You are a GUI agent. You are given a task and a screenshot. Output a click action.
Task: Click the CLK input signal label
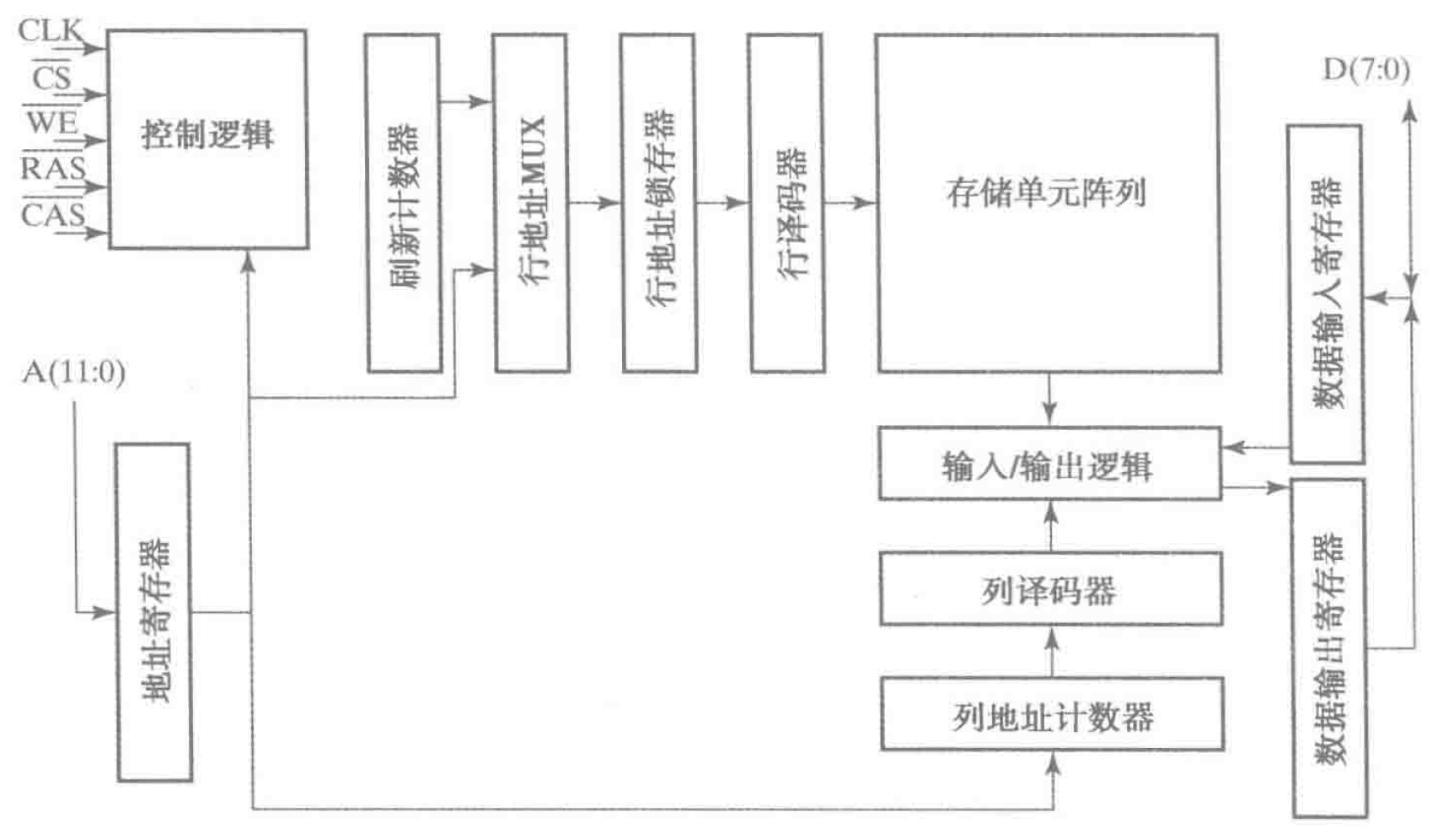(50, 31)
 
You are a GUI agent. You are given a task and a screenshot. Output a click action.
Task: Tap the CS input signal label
(51, 78)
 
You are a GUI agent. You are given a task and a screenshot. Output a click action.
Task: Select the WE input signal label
(51, 123)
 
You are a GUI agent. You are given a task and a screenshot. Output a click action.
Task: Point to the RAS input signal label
(53, 169)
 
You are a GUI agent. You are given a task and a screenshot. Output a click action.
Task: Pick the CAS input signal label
(53, 215)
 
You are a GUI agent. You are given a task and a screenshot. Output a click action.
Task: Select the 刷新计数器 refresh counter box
(403, 203)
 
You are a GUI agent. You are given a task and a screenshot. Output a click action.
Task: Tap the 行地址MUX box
(531, 203)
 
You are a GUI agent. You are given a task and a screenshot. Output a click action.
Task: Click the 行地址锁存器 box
(659, 203)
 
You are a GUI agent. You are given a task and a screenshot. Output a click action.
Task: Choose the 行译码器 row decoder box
(787, 203)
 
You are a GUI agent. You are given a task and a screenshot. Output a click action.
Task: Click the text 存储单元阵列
(1046, 193)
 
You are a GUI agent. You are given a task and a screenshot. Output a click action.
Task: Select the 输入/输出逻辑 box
(1049, 465)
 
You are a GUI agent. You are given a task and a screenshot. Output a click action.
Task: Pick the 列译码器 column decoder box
(1051, 589)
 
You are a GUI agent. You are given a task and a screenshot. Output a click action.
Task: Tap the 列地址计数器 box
(1052, 715)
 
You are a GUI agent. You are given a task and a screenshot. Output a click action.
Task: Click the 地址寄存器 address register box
(154, 612)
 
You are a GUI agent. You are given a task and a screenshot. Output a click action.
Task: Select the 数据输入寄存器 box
(1327, 293)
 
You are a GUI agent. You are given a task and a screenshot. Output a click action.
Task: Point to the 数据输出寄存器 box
(1328, 648)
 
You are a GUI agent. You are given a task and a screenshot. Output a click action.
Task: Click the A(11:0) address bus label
(74, 372)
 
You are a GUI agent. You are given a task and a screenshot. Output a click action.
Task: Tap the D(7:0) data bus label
(1366, 70)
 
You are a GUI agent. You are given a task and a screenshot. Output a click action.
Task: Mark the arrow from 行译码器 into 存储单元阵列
(851, 203)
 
